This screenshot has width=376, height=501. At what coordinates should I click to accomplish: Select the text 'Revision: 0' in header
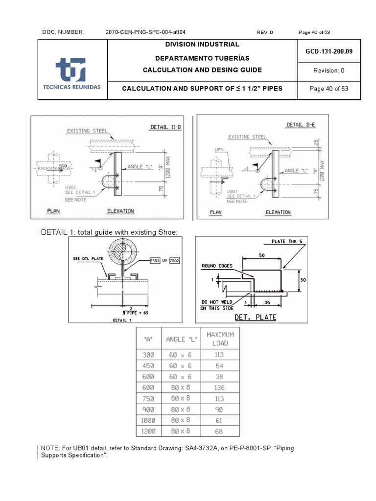pyautogui.click(x=329, y=70)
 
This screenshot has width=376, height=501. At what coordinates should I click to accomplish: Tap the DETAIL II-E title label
pyautogui.click(x=301, y=125)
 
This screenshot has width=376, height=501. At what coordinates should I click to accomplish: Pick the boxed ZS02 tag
pyautogui.click(x=174, y=261)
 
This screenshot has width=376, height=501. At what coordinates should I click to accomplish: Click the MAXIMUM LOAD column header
pyautogui.click(x=220, y=339)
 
